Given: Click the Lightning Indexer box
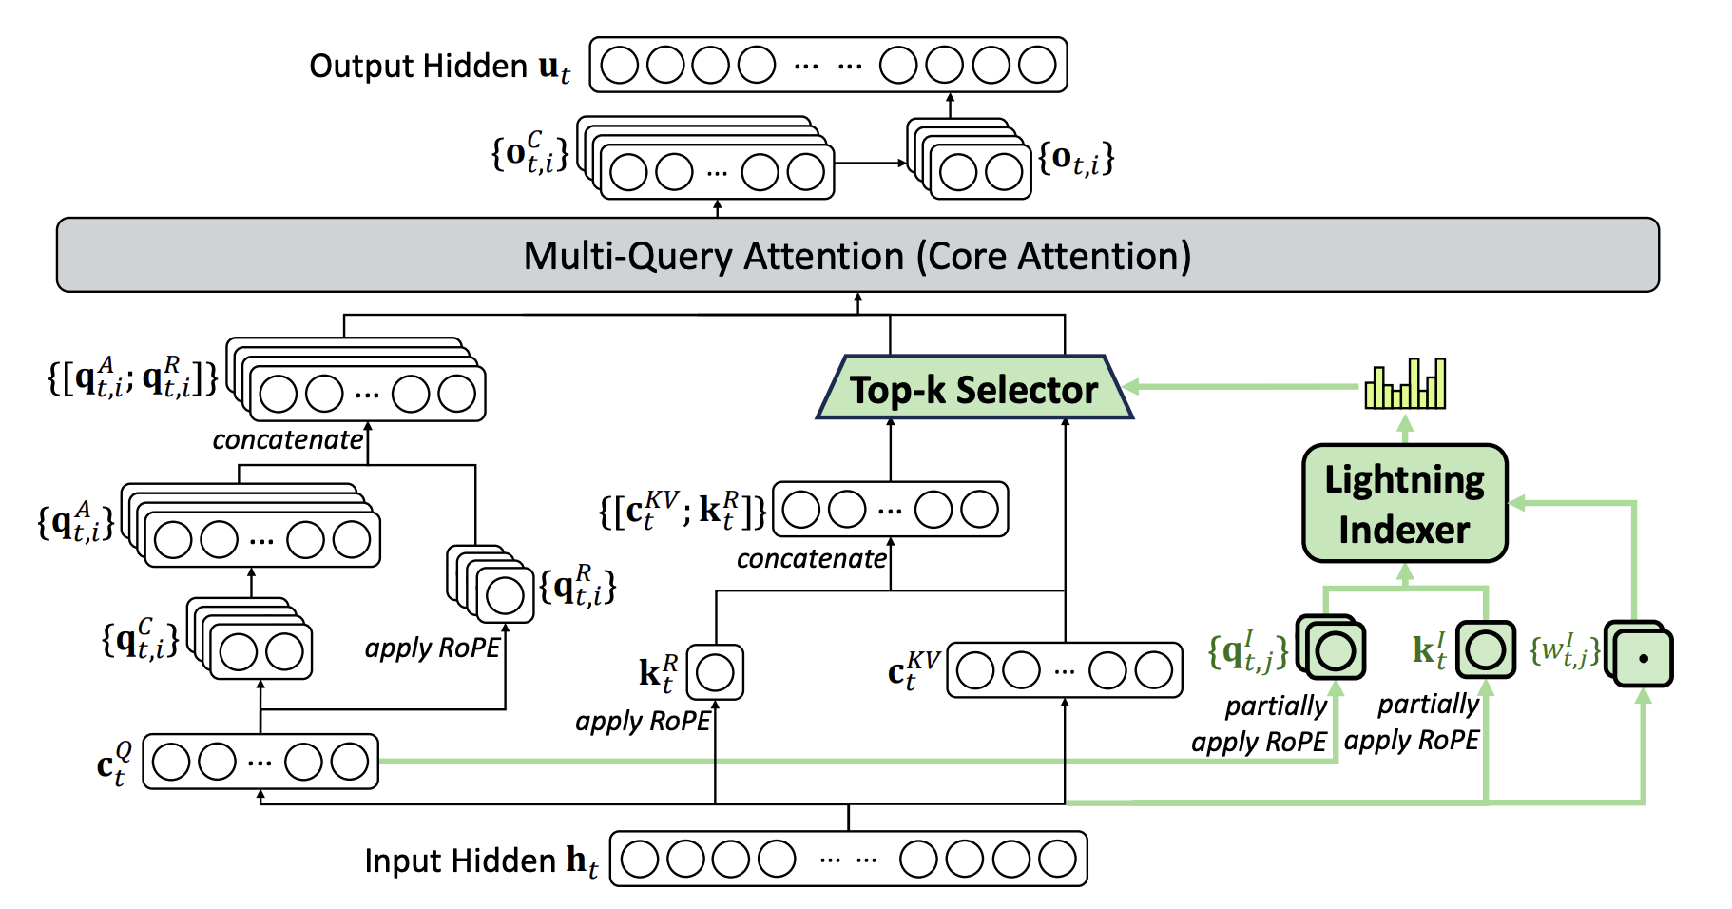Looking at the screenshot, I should click(1404, 503).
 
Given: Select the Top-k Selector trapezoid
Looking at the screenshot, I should click(974, 388).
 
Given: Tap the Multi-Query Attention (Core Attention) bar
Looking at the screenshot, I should click(857, 255).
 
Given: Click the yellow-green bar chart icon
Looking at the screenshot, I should click(1405, 384).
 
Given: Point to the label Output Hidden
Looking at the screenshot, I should click(418, 66).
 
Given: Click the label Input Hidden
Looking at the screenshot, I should click(460, 861).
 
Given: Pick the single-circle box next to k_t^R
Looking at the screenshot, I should click(715, 672).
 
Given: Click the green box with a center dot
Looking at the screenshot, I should click(1642, 657).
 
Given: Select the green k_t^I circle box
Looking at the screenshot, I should click(1485, 650).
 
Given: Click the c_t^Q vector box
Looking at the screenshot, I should click(260, 762).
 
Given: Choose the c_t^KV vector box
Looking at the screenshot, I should click(1065, 670).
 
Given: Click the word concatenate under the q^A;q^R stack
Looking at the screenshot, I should click(287, 440).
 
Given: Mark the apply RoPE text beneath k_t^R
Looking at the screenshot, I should click(643, 722).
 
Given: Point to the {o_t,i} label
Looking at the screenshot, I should click(1076, 158).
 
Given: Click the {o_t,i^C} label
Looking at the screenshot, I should click(529, 152).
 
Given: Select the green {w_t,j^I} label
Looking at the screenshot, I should click(1564, 651).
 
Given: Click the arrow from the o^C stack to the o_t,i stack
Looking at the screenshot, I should click(870, 164).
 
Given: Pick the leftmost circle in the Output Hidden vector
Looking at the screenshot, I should click(620, 66).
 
